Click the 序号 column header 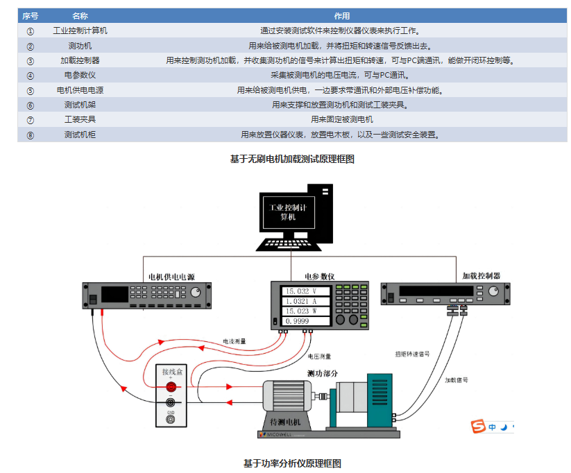coord(31,15)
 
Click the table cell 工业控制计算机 coord(80,31)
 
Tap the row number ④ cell coord(31,75)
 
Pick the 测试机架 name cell coord(80,105)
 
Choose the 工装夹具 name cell coord(80,119)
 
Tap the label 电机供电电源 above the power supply coord(171,276)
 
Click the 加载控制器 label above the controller coord(481,275)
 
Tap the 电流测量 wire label coord(234,341)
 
